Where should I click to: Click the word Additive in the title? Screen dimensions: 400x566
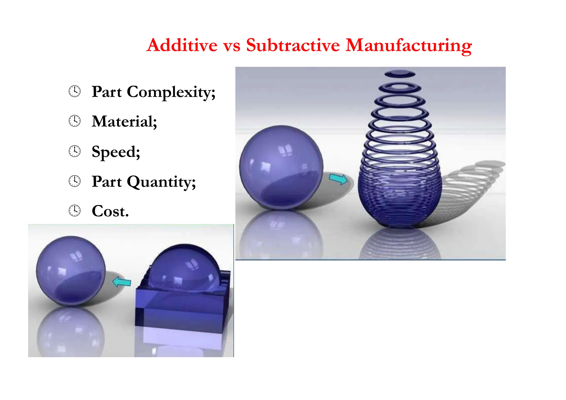point(182,45)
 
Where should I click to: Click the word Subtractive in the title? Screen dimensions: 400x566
point(293,45)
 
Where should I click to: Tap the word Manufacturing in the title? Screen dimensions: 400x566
point(408,46)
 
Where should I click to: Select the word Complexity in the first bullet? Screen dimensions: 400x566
point(171,92)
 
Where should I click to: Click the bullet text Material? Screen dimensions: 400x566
point(124,122)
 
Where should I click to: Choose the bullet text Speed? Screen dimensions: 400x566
point(116,152)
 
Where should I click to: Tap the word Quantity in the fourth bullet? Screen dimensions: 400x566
point(161,182)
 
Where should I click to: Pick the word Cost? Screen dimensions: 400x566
point(110,211)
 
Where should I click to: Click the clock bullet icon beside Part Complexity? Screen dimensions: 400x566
point(75,91)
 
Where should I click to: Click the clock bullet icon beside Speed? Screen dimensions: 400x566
point(75,151)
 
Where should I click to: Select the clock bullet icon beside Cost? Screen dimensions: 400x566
point(75,211)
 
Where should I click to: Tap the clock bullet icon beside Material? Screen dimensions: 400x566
point(75,121)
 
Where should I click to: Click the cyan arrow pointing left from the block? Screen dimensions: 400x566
point(122,282)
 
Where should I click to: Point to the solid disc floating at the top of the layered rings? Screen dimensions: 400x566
point(400,74)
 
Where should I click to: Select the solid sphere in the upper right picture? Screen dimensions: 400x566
point(281,167)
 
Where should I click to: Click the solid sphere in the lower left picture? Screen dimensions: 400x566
point(71,271)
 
